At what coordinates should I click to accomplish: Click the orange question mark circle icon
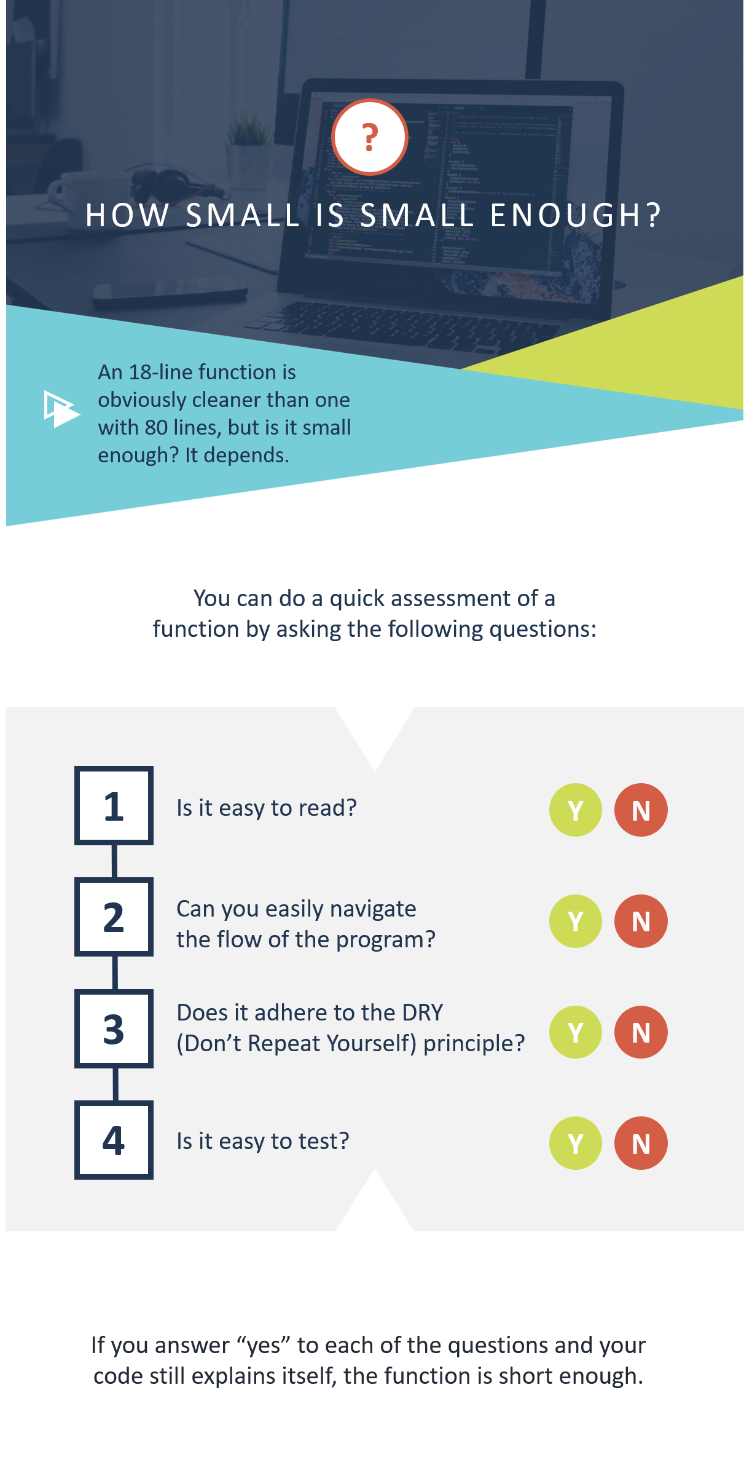(x=370, y=137)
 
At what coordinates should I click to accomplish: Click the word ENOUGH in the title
(x=575, y=215)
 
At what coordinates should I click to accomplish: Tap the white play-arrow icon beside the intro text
(x=61, y=409)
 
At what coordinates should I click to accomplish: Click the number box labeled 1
(x=114, y=805)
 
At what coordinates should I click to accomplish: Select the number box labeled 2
(x=114, y=917)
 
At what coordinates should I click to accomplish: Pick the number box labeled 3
(x=114, y=1028)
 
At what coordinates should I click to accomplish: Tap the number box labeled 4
(x=114, y=1140)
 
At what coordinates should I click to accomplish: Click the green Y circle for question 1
(x=576, y=810)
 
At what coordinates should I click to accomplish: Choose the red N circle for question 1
(x=641, y=810)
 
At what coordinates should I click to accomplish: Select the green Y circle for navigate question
(x=576, y=921)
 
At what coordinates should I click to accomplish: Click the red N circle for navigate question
(x=641, y=921)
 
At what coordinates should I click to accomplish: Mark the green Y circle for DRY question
(x=576, y=1032)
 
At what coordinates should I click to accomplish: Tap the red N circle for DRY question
(x=641, y=1032)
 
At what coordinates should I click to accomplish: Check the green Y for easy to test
(x=576, y=1143)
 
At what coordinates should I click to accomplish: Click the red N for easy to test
(x=641, y=1143)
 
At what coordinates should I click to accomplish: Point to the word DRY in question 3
(x=422, y=1012)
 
